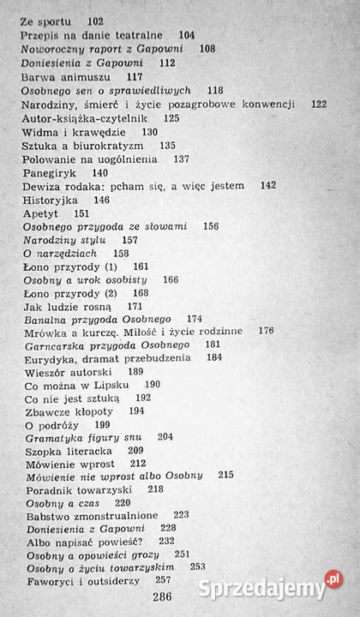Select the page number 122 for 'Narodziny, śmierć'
pos(319,104)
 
